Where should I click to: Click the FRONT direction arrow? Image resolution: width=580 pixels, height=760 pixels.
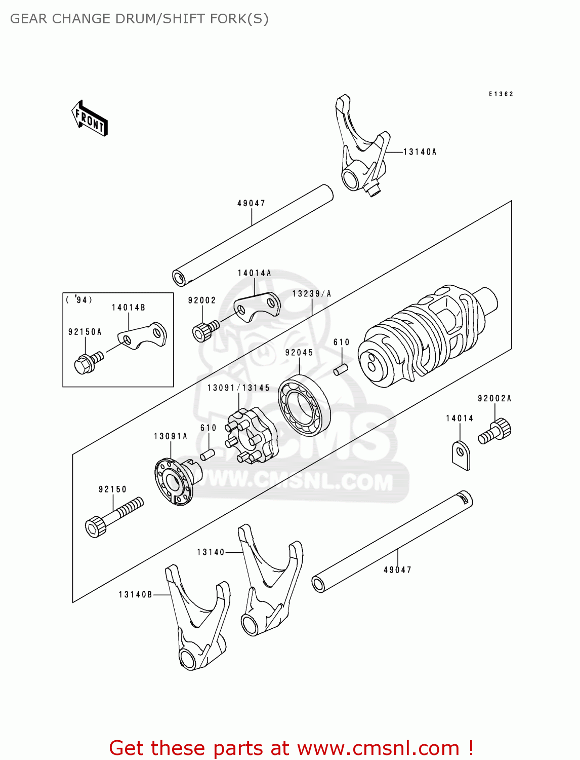[90, 119]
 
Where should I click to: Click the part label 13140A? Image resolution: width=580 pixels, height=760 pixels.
[420, 152]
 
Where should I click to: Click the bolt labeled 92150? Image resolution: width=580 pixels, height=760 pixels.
[114, 516]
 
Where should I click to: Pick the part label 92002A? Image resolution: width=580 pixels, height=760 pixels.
[494, 399]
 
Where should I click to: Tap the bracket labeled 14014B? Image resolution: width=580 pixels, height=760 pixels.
[143, 336]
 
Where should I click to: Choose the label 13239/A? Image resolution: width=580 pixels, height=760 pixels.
[312, 294]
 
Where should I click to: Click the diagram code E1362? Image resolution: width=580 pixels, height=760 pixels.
[501, 94]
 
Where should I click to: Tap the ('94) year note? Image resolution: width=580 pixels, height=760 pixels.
[79, 300]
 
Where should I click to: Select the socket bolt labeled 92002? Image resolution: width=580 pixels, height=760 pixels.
[205, 331]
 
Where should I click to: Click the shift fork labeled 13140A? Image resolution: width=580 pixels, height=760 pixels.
[360, 147]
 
